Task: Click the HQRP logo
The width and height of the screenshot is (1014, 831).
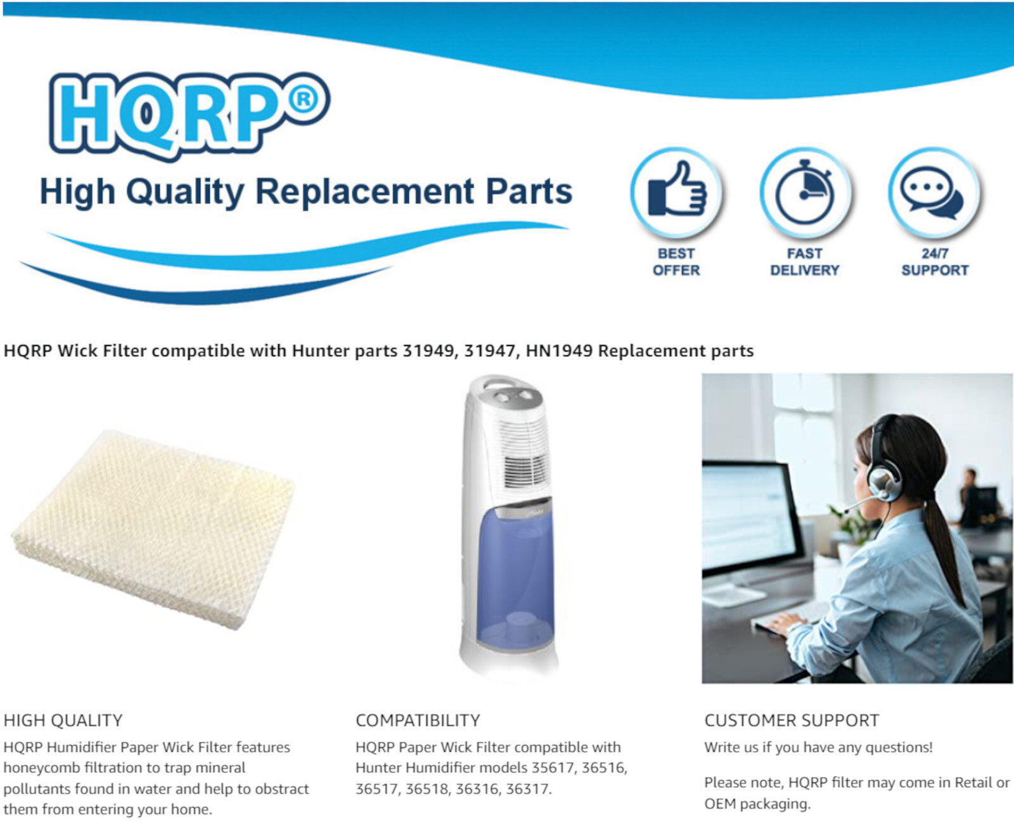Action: click(x=189, y=116)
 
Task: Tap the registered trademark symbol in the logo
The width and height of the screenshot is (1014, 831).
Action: click(x=304, y=100)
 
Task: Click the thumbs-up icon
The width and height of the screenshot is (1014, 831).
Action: click(x=676, y=190)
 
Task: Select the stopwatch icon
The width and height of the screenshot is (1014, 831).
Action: click(x=805, y=191)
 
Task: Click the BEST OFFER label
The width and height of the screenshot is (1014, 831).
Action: click(x=676, y=262)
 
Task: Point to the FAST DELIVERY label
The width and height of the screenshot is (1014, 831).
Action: click(x=805, y=262)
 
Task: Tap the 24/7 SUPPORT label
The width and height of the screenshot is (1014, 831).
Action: click(x=935, y=262)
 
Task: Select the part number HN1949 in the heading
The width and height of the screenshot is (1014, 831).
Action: click(x=559, y=351)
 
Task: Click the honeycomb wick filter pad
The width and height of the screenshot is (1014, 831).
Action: click(x=153, y=529)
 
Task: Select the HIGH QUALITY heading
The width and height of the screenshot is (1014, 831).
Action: click(x=63, y=721)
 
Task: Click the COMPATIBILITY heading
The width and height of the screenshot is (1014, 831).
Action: click(x=418, y=721)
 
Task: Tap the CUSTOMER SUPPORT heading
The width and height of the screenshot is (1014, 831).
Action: click(x=792, y=721)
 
